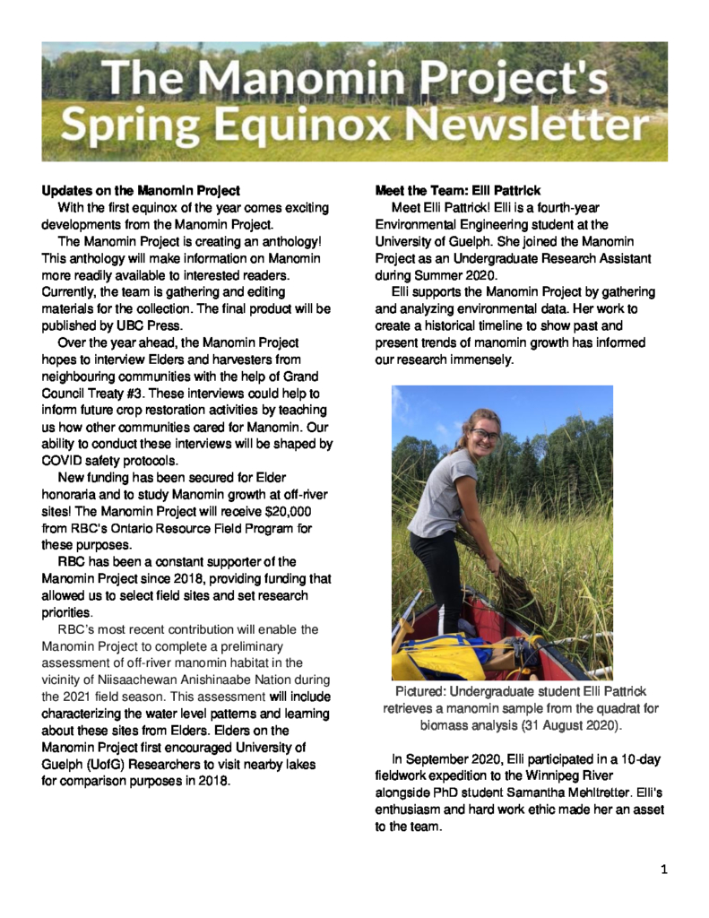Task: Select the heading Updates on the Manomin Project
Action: [141, 191]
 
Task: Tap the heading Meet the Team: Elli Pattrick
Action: [457, 191]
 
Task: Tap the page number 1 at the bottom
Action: [664, 869]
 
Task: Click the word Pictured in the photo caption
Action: [420, 692]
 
